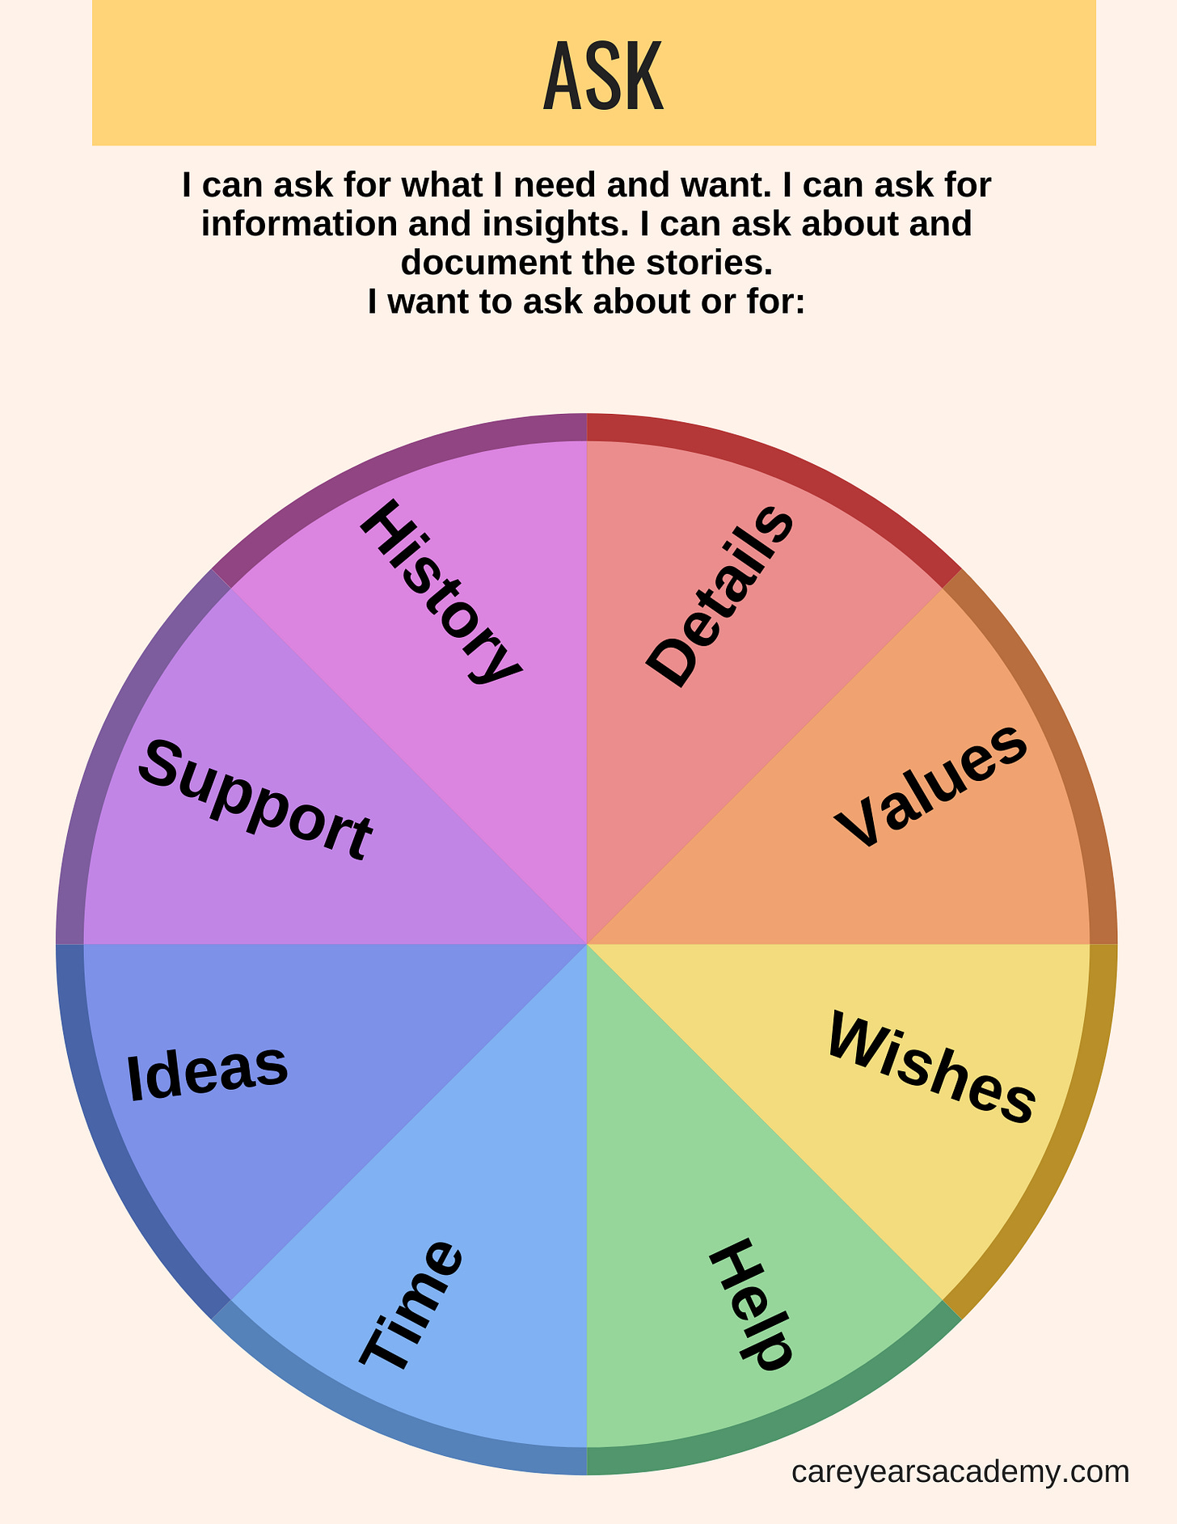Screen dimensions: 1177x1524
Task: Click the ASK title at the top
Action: coord(603,78)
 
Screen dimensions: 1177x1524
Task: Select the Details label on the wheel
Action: coord(719,597)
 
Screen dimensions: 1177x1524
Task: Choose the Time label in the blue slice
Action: coord(412,1305)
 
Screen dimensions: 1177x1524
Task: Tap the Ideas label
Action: coord(208,1072)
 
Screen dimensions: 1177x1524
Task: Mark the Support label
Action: coord(255,799)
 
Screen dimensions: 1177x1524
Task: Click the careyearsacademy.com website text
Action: coord(960,1471)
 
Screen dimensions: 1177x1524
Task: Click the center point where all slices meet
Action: coord(587,944)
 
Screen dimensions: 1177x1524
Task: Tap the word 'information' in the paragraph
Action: coord(299,224)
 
